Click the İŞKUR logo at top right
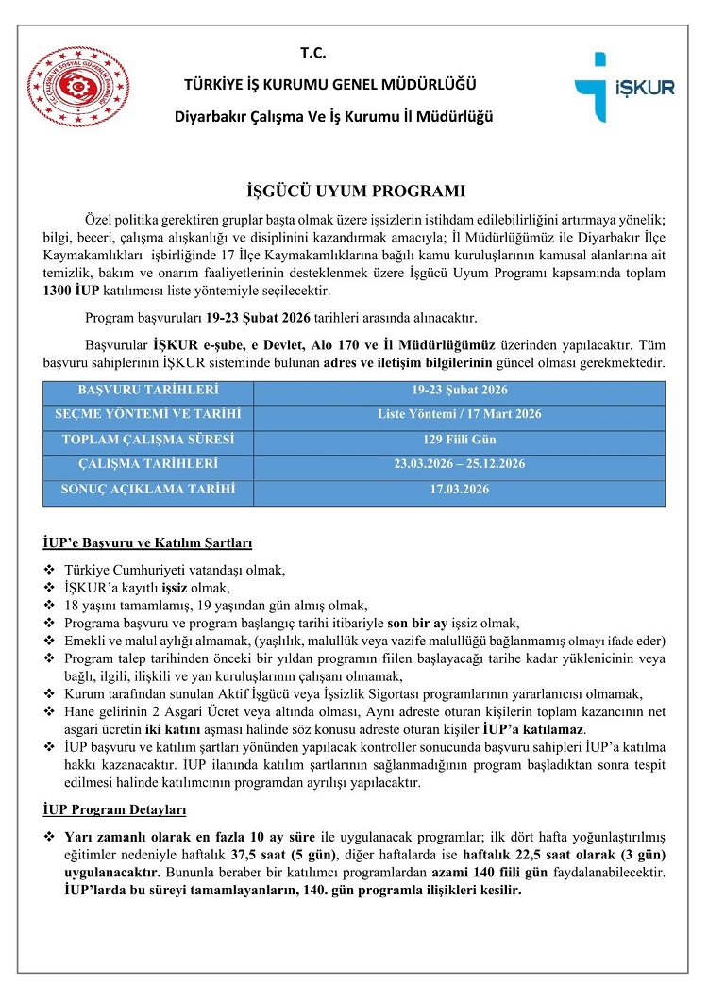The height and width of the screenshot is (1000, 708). coord(624,88)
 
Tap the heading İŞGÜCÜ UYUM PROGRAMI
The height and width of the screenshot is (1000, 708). coord(354,191)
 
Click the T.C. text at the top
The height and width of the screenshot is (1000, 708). coord(312,54)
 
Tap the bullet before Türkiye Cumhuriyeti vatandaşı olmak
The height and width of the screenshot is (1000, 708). coord(49,571)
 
